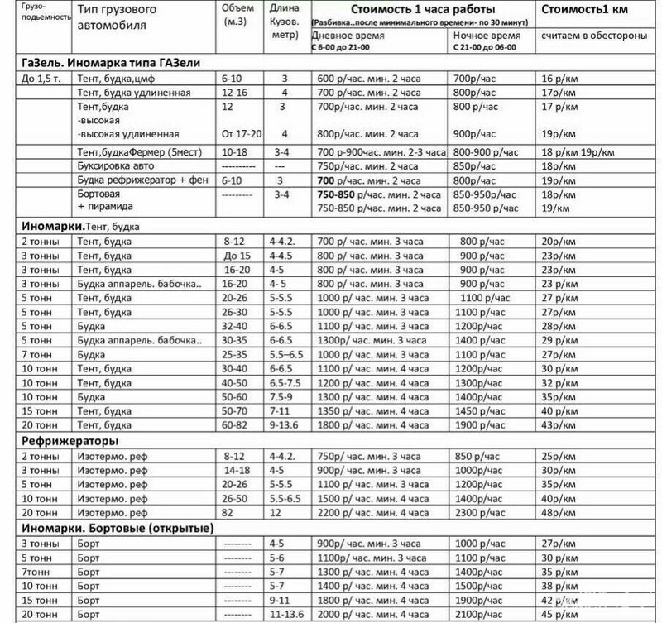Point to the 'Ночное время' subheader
487,38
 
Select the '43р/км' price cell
558,425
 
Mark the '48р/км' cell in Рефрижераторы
558,513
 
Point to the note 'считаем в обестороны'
584,38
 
